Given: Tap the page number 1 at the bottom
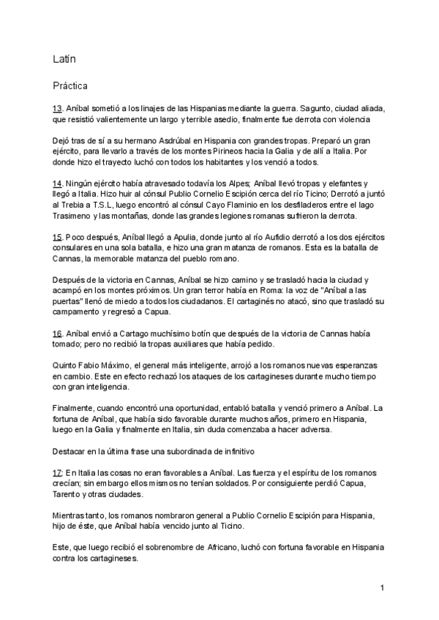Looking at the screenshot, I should point(382,588).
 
